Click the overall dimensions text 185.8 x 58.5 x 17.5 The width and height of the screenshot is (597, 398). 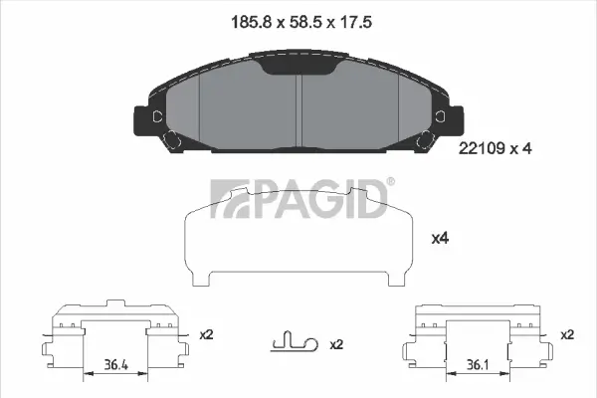(x=301, y=22)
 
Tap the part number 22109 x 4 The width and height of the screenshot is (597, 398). (x=495, y=148)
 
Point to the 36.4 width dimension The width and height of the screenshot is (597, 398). (x=115, y=365)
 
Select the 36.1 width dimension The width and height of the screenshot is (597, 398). (x=478, y=365)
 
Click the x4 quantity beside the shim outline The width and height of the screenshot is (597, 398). (x=440, y=239)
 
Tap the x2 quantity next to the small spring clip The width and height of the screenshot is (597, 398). (x=336, y=344)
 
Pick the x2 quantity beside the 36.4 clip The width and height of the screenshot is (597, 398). (x=206, y=334)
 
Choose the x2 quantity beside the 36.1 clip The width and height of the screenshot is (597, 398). (x=567, y=334)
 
